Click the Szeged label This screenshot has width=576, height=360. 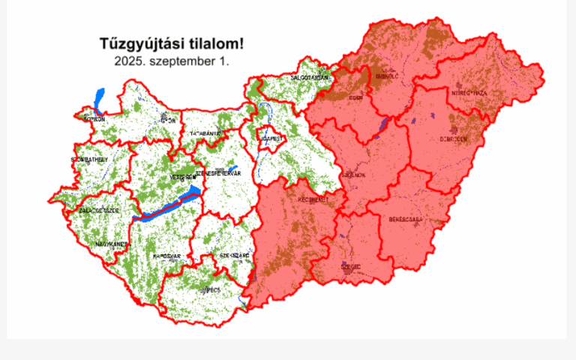(x=350, y=266)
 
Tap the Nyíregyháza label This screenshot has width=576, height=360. (x=469, y=93)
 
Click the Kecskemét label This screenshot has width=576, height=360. (x=313, y=200)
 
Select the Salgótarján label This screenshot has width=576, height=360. (x=309, y=78)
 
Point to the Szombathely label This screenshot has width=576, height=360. (x=89, y=160)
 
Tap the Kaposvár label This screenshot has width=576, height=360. (x=167, y=256)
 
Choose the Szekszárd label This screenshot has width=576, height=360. (x=234, y=256)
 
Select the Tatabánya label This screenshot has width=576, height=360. (x=205, y=133)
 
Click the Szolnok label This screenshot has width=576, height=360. (x=353, y=174)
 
